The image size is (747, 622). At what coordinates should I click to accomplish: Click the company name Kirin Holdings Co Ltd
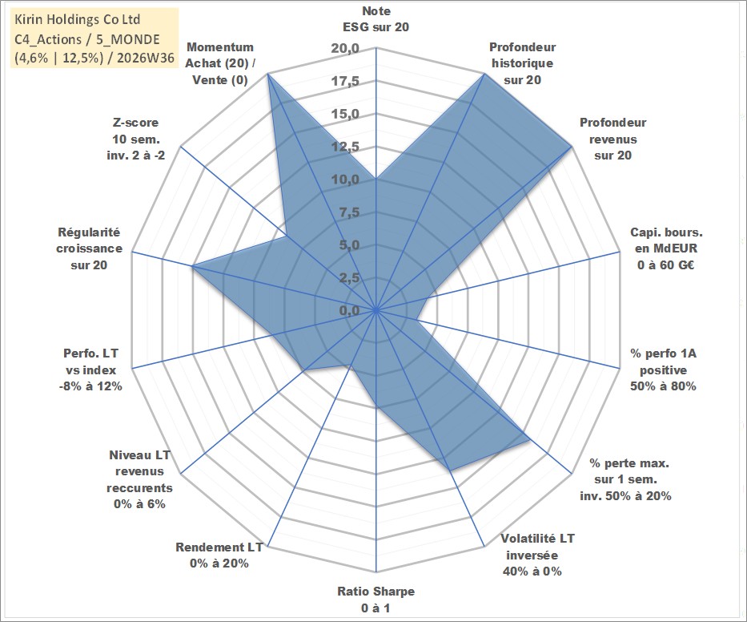77,19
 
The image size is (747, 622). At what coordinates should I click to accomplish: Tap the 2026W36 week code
145,58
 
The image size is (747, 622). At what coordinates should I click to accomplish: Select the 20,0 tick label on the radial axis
346,49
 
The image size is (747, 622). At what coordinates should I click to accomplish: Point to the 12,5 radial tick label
346,147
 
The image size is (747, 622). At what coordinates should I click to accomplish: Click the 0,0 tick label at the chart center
349,310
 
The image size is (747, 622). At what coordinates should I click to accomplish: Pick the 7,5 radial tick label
349,212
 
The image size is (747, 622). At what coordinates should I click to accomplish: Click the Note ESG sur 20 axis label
376,19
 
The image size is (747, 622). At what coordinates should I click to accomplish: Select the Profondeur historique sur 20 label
522,63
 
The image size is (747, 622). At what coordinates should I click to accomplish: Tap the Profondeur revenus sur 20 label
612,139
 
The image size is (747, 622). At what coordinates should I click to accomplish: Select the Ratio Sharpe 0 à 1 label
376,600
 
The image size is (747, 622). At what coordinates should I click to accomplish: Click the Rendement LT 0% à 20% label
219,555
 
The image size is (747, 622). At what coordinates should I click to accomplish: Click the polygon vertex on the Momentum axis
268,74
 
